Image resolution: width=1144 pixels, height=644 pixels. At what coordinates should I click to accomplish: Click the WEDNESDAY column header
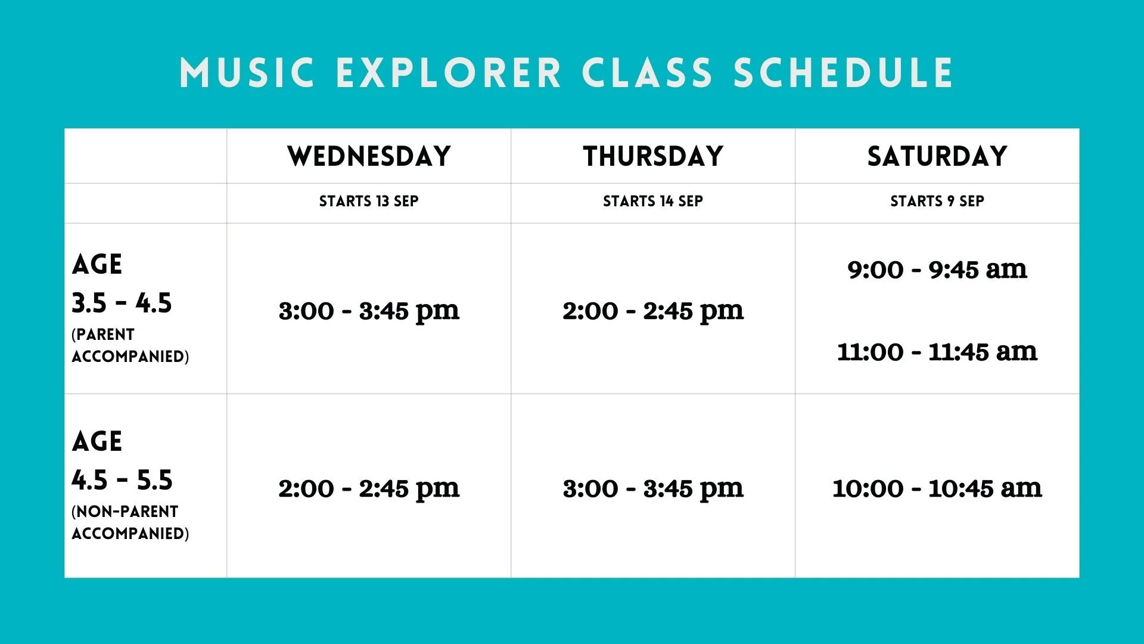[369, 156]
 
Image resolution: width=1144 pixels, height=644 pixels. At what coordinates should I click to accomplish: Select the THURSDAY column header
[653, 156]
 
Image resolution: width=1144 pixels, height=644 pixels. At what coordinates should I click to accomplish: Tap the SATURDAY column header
[937, 156]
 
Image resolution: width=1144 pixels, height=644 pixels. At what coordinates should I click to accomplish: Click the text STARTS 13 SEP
[369, 202]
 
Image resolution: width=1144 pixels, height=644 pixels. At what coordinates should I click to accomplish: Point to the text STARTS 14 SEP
[653, 202]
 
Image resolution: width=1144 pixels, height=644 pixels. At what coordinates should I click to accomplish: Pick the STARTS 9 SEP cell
[937, 202]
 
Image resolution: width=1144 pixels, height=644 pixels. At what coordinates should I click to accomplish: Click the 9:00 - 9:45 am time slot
[937, 270]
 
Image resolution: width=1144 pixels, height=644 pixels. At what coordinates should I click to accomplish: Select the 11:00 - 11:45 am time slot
[937, 352]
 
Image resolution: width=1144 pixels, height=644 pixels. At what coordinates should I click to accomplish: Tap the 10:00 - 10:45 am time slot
[937, 488]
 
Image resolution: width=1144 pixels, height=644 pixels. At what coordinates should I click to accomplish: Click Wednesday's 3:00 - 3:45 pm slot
[369, 311]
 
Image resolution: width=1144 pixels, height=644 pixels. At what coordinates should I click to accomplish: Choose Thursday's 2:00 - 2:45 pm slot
[653, 311]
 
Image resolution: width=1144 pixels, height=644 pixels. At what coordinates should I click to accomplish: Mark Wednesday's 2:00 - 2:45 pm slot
[369, 488]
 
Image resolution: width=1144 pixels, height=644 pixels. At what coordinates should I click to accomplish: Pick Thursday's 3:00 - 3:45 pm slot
[653, 488]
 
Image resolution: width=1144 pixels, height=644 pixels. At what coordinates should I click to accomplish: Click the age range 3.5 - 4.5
[122, 303]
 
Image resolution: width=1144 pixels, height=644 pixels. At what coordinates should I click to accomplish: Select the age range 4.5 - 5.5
[122, 480]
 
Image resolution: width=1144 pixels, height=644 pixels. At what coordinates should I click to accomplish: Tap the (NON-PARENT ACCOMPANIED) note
[130, 522]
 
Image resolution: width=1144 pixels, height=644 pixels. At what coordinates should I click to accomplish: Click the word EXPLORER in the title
[449, 73]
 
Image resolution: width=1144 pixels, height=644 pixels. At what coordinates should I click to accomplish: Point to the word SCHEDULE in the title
[844, 73]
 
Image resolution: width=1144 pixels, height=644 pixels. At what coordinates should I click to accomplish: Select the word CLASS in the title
[647, 73]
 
